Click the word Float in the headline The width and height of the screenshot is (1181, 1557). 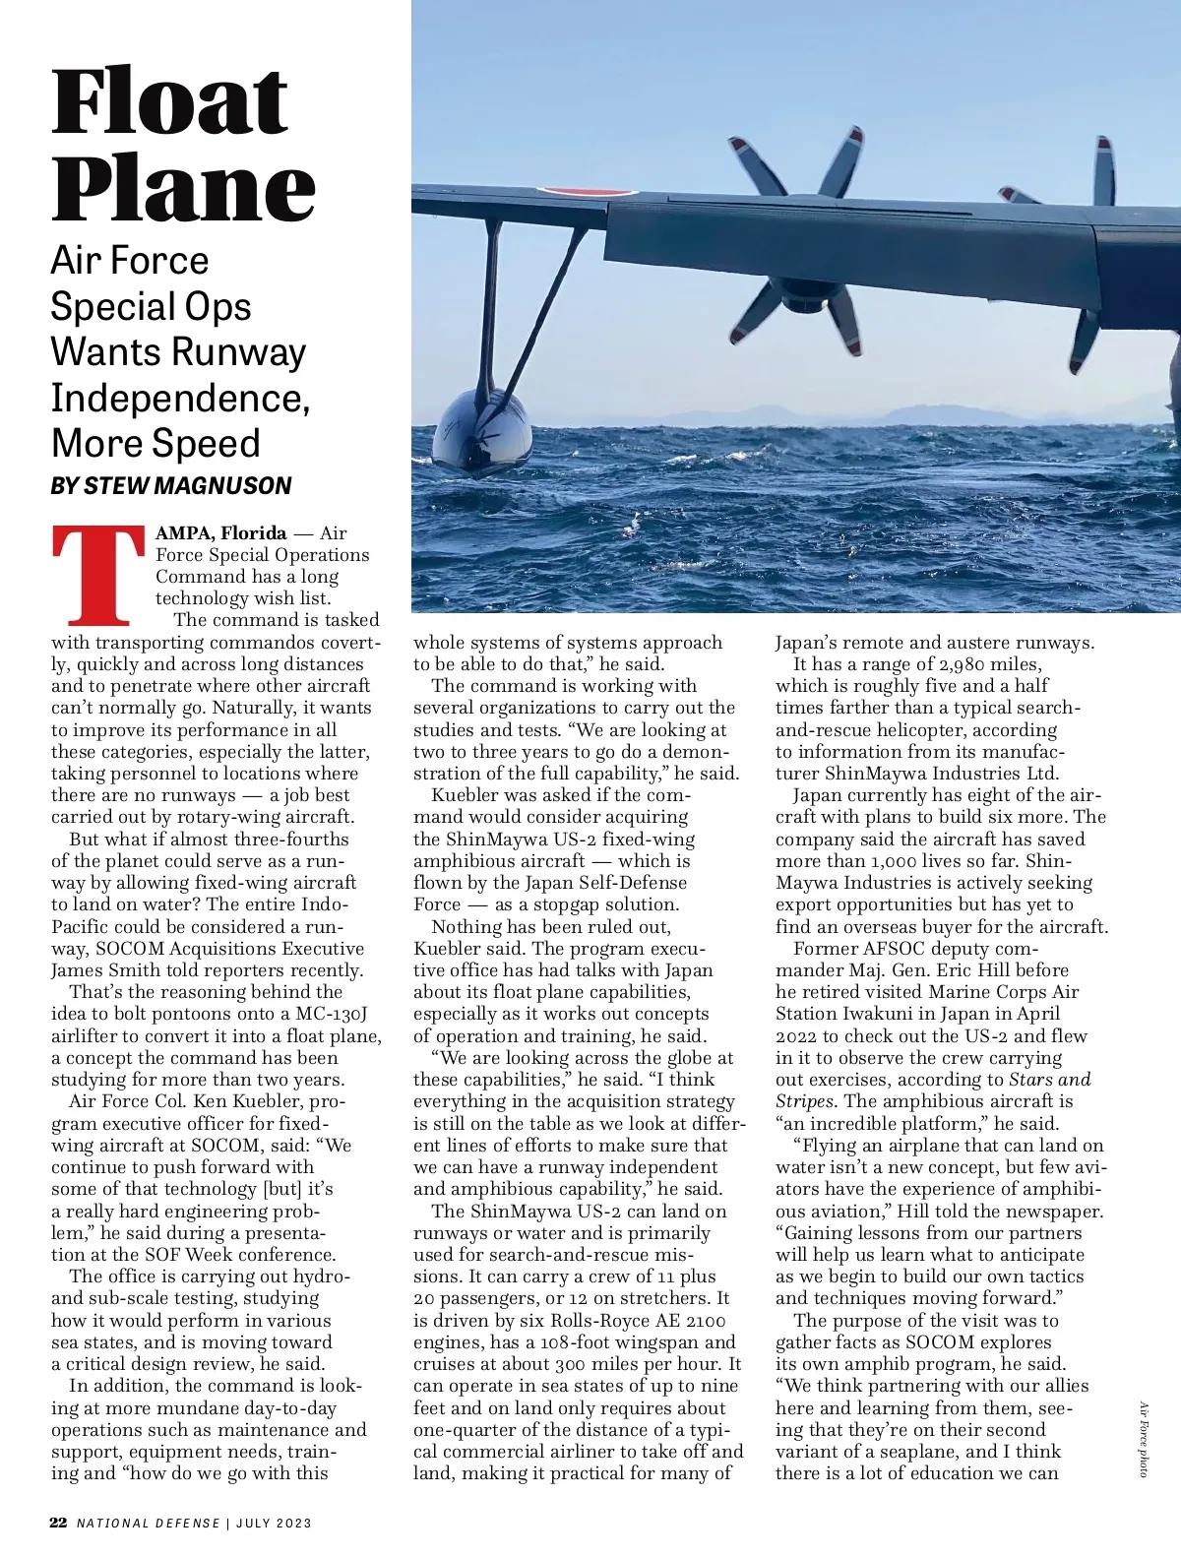click(169, 102)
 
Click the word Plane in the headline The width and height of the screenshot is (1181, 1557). click(183, 188)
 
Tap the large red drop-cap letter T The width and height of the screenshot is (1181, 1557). click(98, 577)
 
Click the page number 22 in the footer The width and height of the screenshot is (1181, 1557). click(59, 1523)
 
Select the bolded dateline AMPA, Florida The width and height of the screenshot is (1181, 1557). click(221, 533)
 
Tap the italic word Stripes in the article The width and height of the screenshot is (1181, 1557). click(805, 1101)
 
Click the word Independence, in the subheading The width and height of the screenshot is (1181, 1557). click(180, 398)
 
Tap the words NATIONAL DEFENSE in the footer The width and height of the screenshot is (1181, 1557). click(149, 1524)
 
